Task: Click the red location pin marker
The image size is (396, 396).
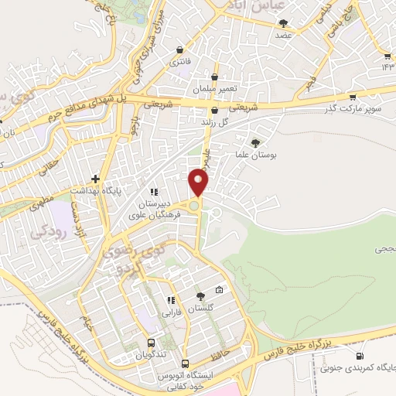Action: [199, 183]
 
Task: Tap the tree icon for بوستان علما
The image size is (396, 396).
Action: [256, 142]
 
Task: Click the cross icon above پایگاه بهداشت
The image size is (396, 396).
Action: [96, 178]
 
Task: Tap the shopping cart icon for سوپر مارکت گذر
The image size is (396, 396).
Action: [353, 97]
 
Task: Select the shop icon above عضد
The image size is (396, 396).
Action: [282, 22]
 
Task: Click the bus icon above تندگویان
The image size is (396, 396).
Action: [150, 343]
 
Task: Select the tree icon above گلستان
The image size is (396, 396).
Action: [200, 295]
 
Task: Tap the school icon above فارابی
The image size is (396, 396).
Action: [171, 300]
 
